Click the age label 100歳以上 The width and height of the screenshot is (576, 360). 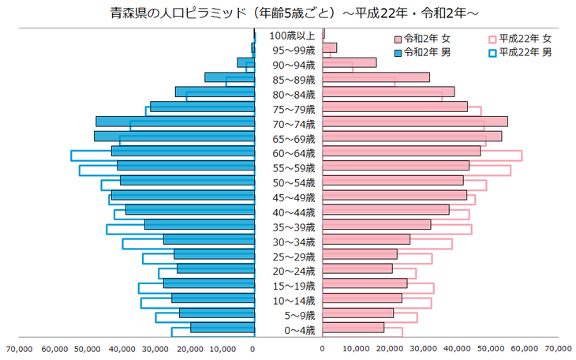coord(291,35)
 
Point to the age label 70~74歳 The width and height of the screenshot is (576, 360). coord(291,124)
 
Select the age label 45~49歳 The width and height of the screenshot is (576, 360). coord(291,197)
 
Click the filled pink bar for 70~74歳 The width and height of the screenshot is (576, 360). coord(414,122)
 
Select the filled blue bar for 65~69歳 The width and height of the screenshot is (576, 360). coord(174,136)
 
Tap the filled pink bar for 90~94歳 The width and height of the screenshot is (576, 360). coord(349,62)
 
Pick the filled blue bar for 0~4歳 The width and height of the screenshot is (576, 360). coord(222,328)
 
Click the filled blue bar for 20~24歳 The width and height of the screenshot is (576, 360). coord(215,268)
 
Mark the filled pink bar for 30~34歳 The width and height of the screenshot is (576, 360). coord(366,239)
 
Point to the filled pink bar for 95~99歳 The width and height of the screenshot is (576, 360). coord(330,47)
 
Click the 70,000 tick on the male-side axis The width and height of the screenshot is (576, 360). coord(18,347)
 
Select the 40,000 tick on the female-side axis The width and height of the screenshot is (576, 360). coord(457,347)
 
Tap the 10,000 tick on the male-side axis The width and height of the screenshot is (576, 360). coord(220,347)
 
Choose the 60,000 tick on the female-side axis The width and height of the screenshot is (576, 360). coord(524,347)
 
